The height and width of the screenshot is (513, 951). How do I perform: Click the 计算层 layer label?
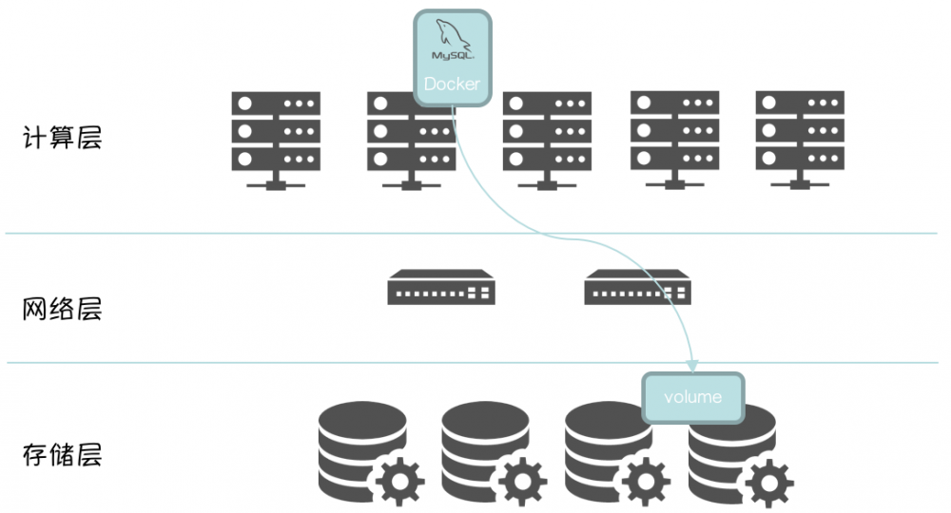(62, 138)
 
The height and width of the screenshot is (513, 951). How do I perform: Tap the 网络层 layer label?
(62, 309)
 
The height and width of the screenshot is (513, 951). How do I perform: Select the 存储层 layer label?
(62, 455)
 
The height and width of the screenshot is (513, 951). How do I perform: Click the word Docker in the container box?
(452, 84)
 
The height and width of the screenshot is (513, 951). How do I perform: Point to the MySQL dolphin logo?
(453, 39)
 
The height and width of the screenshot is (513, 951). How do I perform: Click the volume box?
(692, 397)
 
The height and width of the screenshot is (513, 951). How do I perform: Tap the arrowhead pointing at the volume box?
(692, 366)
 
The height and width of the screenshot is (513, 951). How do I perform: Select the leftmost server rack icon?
(276, 141)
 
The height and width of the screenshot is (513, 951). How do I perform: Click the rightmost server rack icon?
(800, 140)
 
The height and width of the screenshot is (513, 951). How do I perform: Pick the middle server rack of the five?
(547, 141)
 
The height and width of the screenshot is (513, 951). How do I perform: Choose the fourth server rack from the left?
(675, 140)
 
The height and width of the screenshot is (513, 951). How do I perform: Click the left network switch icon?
(441, 287)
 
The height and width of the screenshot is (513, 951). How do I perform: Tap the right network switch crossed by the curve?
(637, 287)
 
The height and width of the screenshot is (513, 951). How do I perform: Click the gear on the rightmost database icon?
(769, 483)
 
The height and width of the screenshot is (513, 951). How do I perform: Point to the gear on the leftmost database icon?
(399, 482)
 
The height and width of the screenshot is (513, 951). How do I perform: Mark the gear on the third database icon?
(646, 482)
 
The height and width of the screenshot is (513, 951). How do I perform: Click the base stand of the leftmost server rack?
(276, 181)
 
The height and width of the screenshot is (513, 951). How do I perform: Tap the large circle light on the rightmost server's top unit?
(769, 103)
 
